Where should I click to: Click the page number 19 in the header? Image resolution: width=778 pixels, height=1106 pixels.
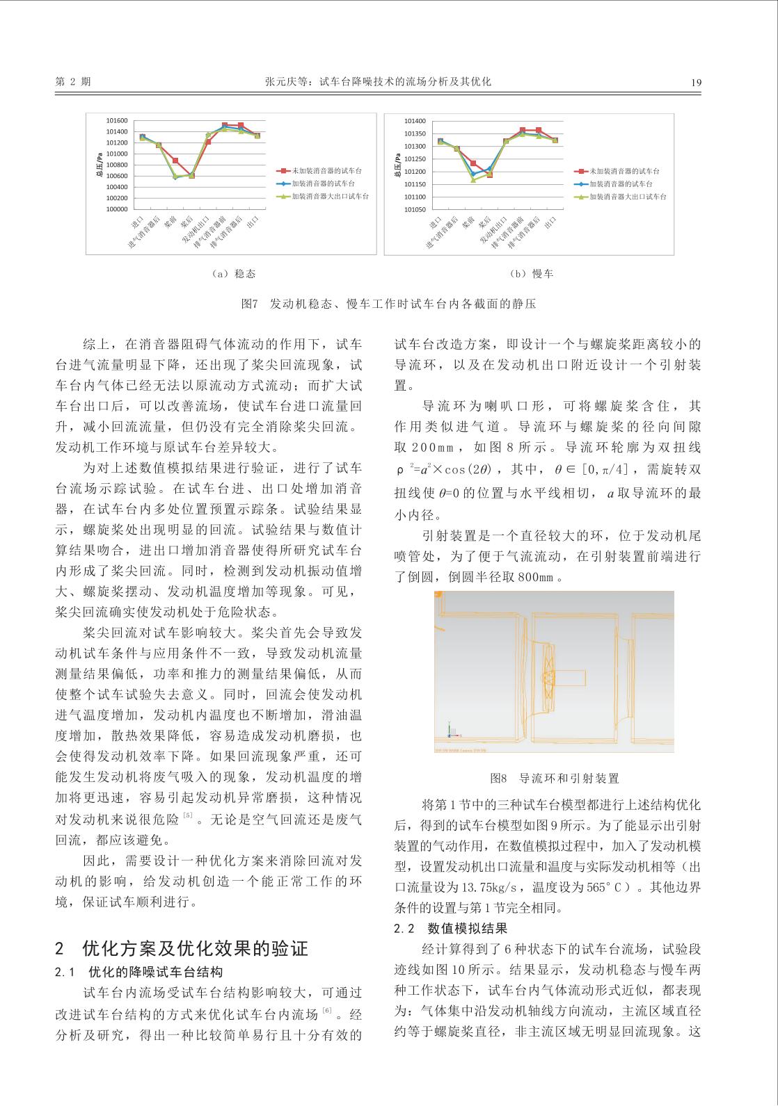696,82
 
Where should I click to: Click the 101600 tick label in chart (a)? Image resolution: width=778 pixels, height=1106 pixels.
117,121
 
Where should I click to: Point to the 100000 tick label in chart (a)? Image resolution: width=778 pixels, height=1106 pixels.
117,209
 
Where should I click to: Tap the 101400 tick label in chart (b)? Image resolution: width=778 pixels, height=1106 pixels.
415,121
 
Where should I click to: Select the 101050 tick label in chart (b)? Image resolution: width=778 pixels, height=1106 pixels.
415,209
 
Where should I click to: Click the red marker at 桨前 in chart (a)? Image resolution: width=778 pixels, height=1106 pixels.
175,161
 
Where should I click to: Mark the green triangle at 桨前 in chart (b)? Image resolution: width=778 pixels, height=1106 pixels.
473,180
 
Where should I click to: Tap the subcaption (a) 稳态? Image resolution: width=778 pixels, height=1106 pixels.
233,274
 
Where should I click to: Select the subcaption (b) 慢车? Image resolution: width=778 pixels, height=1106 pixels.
532,274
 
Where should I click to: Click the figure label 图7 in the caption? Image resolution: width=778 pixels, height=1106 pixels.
249,304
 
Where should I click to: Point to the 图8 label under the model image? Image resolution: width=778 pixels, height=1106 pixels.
500,779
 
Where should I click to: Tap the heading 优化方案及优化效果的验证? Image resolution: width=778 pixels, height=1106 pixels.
195,949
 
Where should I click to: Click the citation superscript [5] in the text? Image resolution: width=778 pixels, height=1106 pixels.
188,815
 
